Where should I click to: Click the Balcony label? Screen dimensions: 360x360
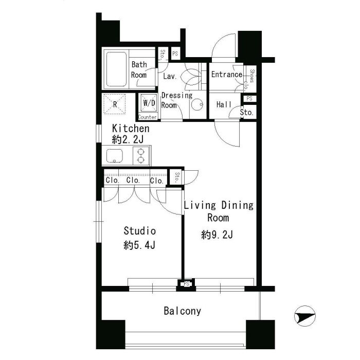[x=182, y=311]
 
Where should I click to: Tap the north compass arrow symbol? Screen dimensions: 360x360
[x=305, y=316]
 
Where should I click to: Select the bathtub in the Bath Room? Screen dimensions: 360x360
[x=116, y=69]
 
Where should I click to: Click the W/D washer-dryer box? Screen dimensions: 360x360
[x=149, y=103]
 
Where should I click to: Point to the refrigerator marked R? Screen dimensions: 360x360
[x=115, y=104]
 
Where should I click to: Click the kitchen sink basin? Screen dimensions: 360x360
[x=115, y=156]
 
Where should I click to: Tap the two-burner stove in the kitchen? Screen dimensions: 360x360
[x=141, y=155]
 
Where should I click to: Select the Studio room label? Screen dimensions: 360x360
[x=139, y=231]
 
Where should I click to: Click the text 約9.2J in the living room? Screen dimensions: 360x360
[x=217, y=235]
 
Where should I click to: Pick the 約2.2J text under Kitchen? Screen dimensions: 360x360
[x=128, y=139]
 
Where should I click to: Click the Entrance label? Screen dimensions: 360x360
[x=227, y=75]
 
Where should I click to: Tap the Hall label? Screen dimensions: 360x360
[x=224, y=104]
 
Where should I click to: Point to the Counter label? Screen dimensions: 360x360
[x=148, y=117]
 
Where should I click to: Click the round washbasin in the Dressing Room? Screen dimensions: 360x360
[x=197, y=105]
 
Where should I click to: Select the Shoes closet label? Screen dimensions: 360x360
[x=252, y=76]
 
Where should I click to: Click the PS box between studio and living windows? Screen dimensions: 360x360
[x=186, y=284]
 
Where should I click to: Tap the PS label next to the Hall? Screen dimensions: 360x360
[x=249, y=98]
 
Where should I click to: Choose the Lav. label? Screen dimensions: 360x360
[x=170, y=76]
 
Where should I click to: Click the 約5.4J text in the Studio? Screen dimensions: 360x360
[x=139, y=245]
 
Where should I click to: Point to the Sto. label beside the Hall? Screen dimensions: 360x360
[x=246, y=112]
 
